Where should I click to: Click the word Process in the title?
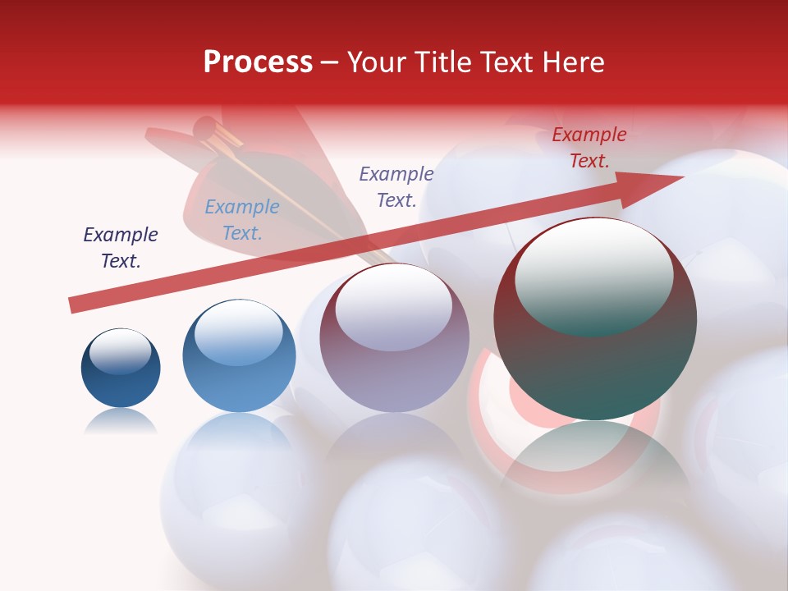pyautogui.click(x=258, y=62)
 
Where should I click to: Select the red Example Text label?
pyautogui.click(x=589, y=148)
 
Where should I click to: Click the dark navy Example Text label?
pyautogui.click(x=121, y=248)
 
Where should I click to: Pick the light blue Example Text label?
pyautogui.click(x=242, y=220)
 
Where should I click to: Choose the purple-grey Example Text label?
pyautogui.click(x=396, y=186)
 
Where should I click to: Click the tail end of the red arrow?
pyautogui.click(x=72, y=305)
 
